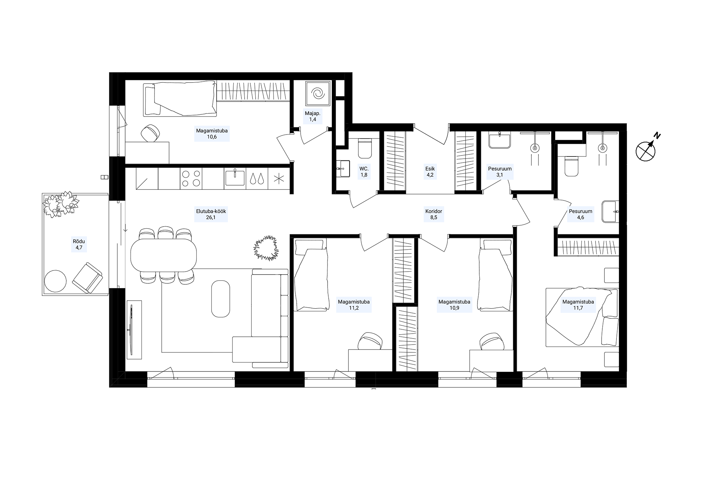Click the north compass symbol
(646, 150)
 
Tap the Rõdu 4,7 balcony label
(79, 245)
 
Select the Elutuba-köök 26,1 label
(211, 214)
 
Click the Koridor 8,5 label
(434, 214)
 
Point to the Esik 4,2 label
(430, 172)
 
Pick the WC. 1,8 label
(364, 172)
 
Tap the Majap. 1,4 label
(312, 117)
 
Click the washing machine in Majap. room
(317, 93)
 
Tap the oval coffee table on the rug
(220, 299)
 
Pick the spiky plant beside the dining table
(266, 248)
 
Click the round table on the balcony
(55, 281)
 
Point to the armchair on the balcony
(87, 278)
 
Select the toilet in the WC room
(365, 148)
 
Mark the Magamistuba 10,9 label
(454, 305)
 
